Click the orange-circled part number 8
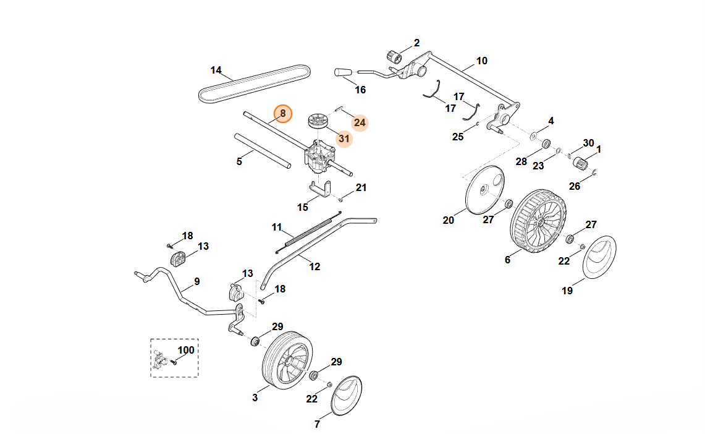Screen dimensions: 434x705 (x=282, y=113)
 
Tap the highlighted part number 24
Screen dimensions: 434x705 (x=360, y=122)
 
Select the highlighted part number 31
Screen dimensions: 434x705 (x=344, y=139)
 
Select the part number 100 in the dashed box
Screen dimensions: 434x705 (x=186, y=350)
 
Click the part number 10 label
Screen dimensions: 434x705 (x=482, y=61)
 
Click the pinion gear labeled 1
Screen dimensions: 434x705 (x=580, y=163)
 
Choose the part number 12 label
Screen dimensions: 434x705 (x=315, y=266)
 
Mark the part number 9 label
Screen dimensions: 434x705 (x=197, y=281)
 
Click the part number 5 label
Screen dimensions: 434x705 (x=240, y=161)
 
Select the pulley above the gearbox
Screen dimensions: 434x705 (x=319, y=119)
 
